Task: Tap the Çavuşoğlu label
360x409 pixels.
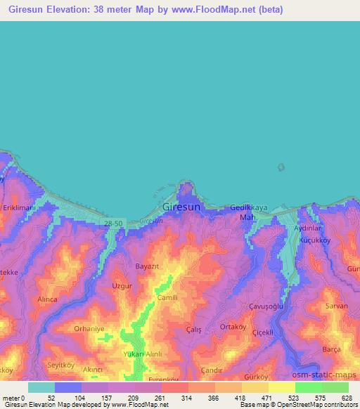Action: [x=266, y=307]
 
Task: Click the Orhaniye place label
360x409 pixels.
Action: [x=89, y=328]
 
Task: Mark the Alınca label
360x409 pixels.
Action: [x=47, y=299]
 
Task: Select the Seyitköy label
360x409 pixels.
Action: [x=60, y=363]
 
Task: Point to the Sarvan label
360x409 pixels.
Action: [x=336, y=307]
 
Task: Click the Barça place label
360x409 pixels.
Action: [x=331, y=349]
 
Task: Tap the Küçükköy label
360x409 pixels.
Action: [x=315, y=240]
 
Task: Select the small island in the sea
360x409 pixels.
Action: [x=281, y=167]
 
